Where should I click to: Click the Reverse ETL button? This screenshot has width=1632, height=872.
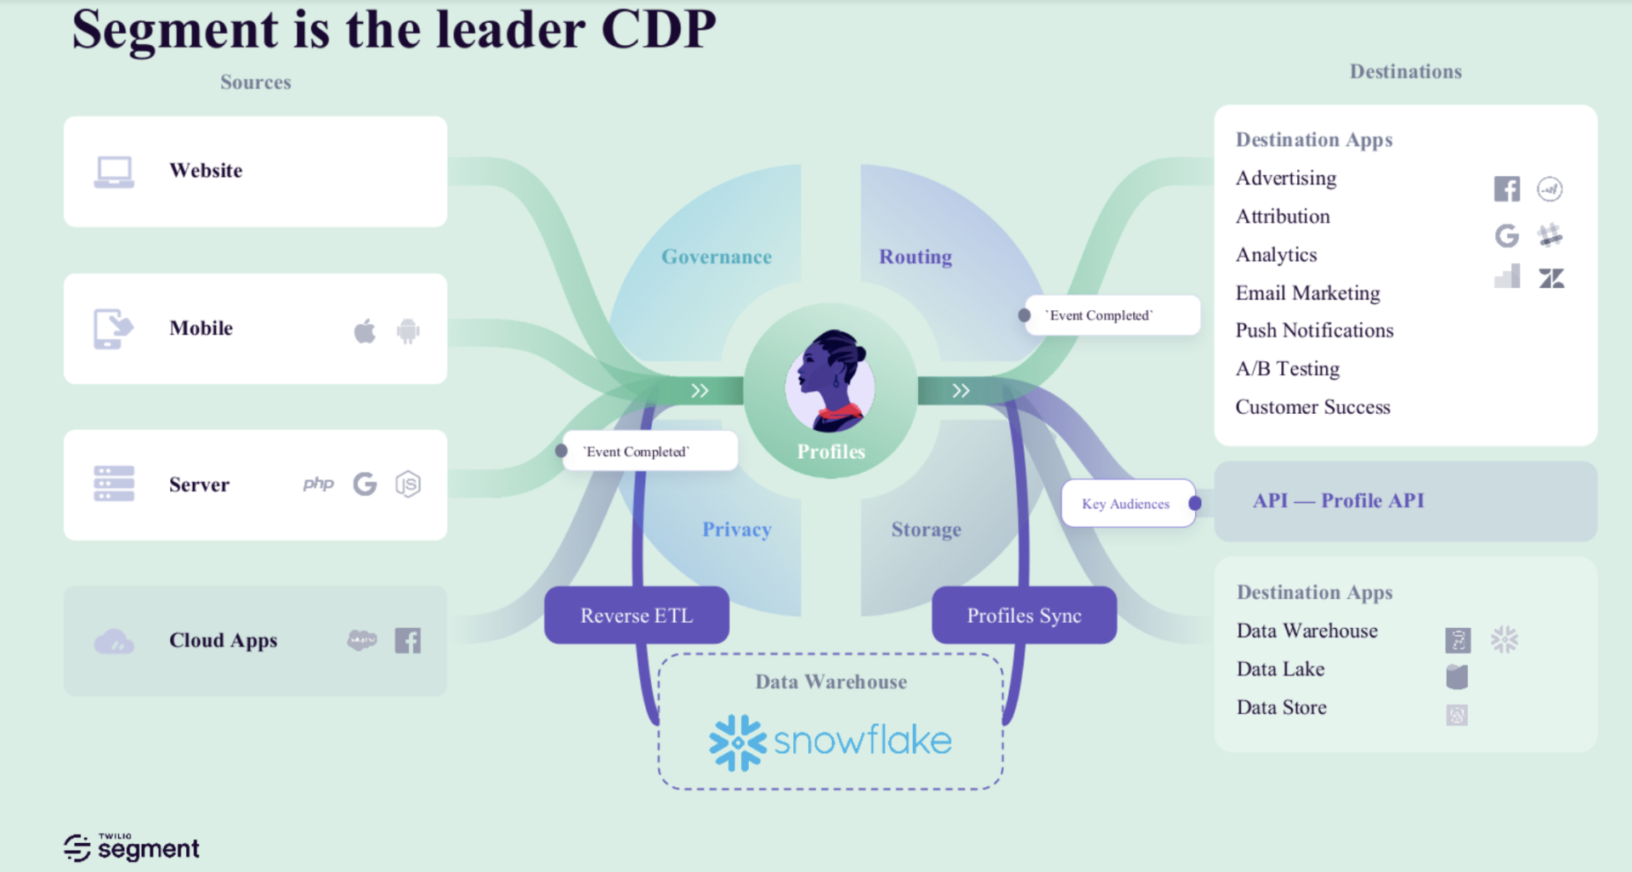click(x=637, y=614)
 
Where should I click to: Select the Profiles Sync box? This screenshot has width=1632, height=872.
click(x=1024, y=614)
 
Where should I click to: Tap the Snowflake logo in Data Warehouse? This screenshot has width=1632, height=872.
click(x=830, y=742)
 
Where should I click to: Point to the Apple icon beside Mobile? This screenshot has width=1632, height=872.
click(x=365, y=330)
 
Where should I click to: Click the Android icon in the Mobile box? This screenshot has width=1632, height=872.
click(x=408, y=331)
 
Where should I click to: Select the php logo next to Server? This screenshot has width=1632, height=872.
click(x=319, y=484)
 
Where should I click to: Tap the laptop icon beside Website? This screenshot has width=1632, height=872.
click(x=114, y=172)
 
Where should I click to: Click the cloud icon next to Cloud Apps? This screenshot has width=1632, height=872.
click(x=114, y=642)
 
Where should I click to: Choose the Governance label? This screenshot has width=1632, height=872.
click(x=717, y=257)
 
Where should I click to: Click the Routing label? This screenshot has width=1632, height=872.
click(x=915, y=257)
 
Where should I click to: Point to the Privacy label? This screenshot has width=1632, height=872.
click(x=737, y=529)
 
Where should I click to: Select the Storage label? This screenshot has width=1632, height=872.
click(x=926, y=529)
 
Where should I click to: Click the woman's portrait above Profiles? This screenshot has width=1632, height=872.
click(x=830, y=380)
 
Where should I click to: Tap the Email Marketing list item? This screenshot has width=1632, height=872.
click(x=1307, y=292)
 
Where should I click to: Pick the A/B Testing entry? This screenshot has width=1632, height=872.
click(x=1288, y=368)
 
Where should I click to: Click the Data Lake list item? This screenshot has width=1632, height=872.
click(x=1280, y=669)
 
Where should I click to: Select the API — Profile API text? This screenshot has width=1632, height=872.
click(x=1339, y=501)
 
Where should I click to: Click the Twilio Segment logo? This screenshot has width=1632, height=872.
click(x=132, y=847)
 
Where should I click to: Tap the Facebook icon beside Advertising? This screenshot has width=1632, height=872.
click(x=1507, y=189)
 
